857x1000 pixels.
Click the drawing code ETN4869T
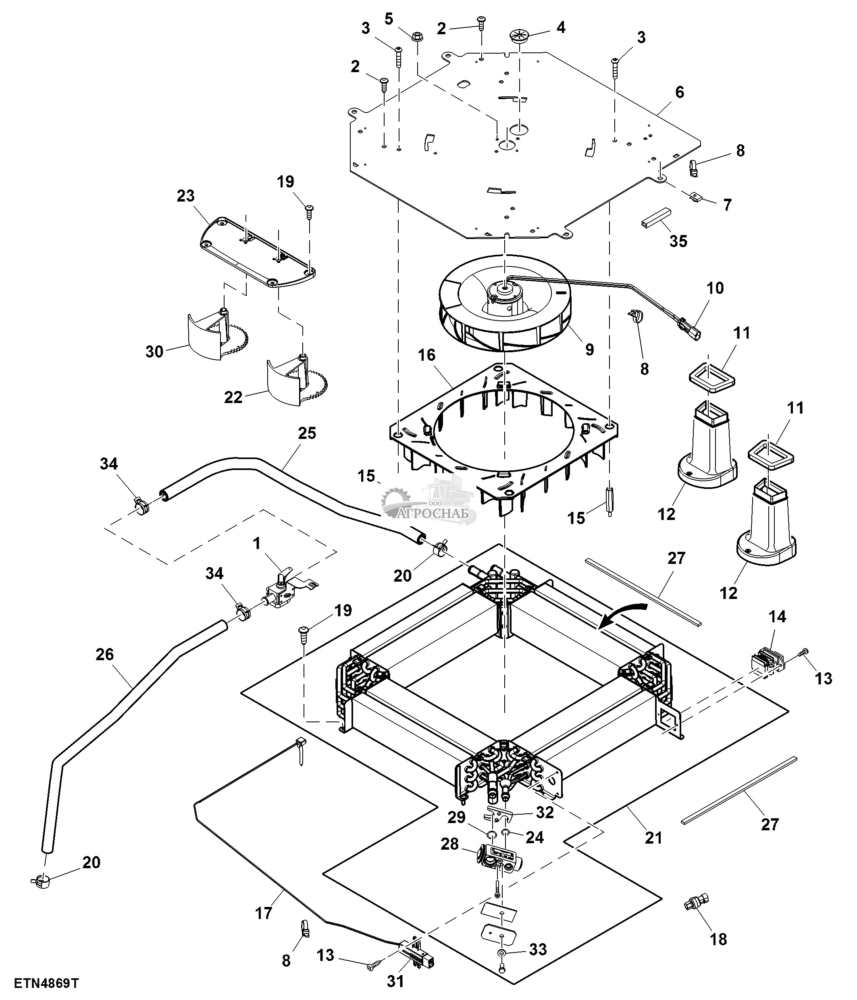coord(46,983)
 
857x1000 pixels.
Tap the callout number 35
coord(678,241)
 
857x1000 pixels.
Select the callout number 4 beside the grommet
coord(561,27)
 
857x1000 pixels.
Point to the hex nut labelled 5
coord(417,36)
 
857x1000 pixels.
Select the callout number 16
coord(426,355)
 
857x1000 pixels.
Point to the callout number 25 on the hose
coord(307,433)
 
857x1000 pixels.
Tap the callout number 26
coord(105,655)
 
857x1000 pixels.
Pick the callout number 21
coord(653,838)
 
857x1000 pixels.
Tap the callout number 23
coord(185,195)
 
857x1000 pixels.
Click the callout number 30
coord(154,351)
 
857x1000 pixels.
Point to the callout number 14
coord(777,616)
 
